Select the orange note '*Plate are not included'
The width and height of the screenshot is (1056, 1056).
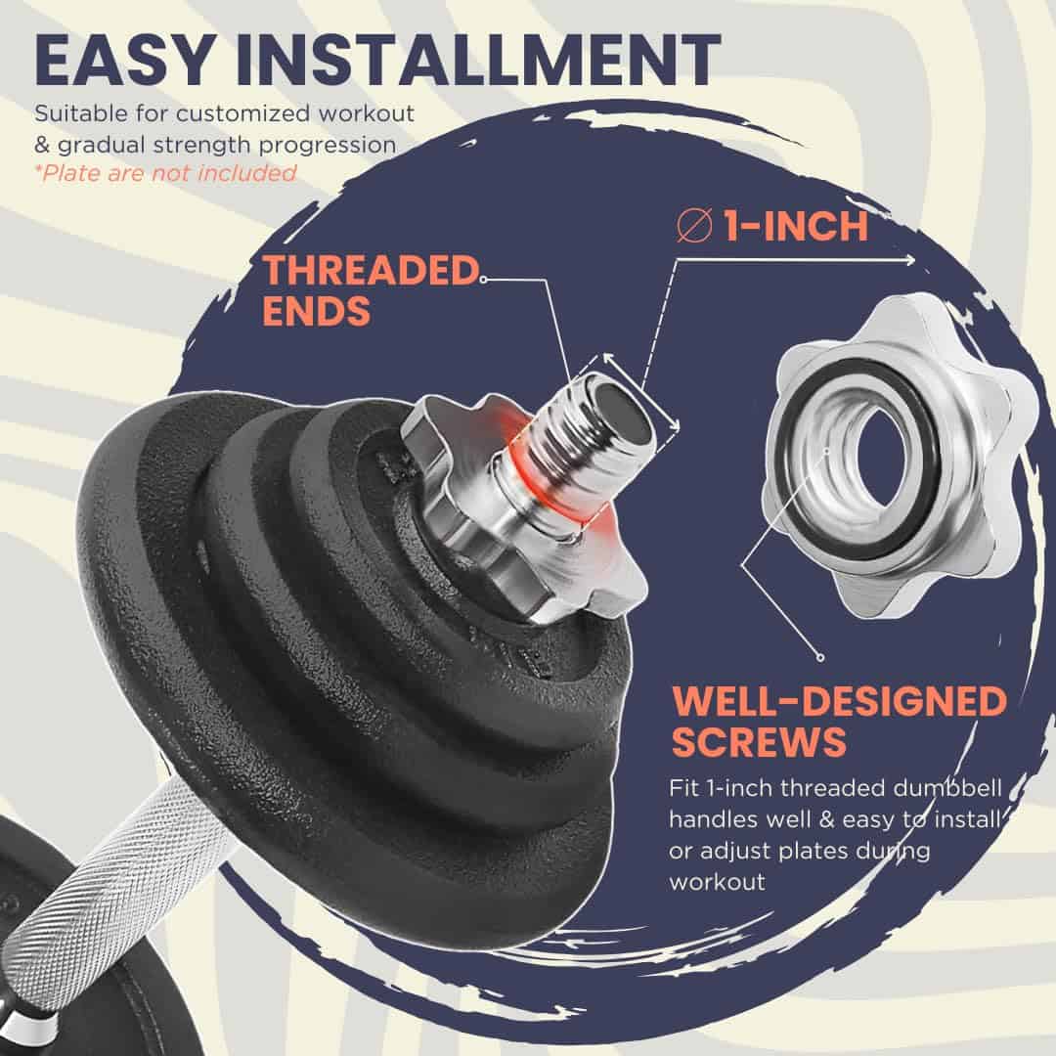[x=165, y=173]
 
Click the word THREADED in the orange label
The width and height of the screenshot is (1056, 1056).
[x=372, y=271]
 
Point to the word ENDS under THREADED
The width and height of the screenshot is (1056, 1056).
[x=317, y=311]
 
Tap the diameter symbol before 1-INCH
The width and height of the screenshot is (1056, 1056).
[x=694, y=226]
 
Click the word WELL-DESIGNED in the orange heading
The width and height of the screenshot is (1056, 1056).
[x=839, y=702]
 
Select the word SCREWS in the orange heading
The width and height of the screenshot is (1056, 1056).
[x=759, y=742]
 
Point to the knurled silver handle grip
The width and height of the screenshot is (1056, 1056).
[x=108, y=889]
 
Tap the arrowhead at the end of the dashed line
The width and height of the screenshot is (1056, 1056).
[x=910, y=260]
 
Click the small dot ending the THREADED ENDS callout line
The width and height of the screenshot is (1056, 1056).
[x=484, y=279]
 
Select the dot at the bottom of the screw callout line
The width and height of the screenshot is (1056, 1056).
[x=820, y=657]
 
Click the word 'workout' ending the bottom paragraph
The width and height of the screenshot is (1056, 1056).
[x=717, y=882]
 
